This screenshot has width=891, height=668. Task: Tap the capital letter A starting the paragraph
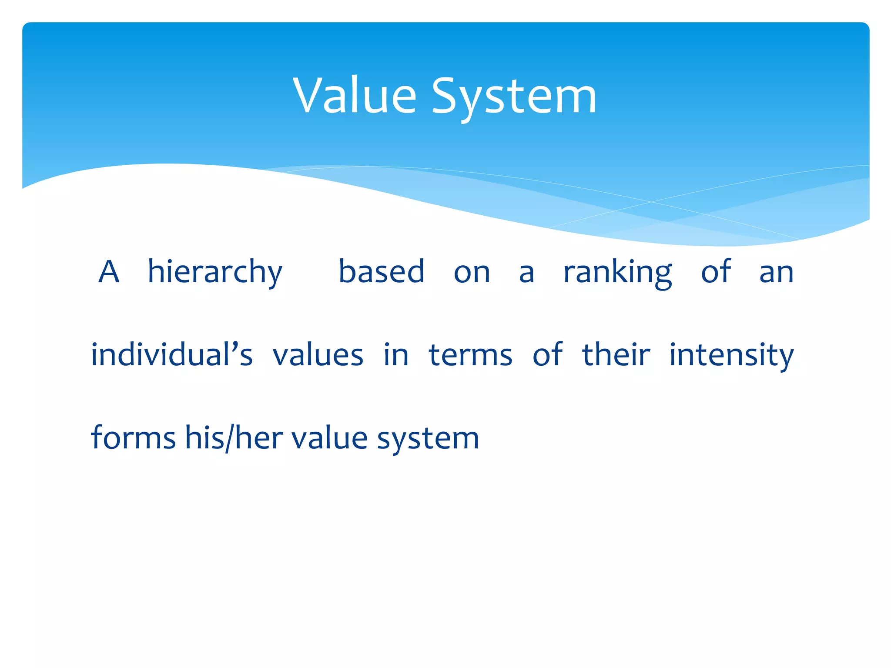(x=109, y=271)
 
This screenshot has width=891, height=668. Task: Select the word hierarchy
(x=215, y=272)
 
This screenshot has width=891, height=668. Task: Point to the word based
(x=381, y=271)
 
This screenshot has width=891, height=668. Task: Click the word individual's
(x=172, y=354)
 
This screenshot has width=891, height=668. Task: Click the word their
(x=616, y=354)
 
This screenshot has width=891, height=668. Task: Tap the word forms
(x=133, y=438)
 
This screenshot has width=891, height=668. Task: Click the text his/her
(x=234, y=438)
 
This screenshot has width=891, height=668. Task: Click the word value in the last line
(x=329, y=438)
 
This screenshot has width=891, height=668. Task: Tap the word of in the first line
(x=716, y=271)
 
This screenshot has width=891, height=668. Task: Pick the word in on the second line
(x=396, y=355)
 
